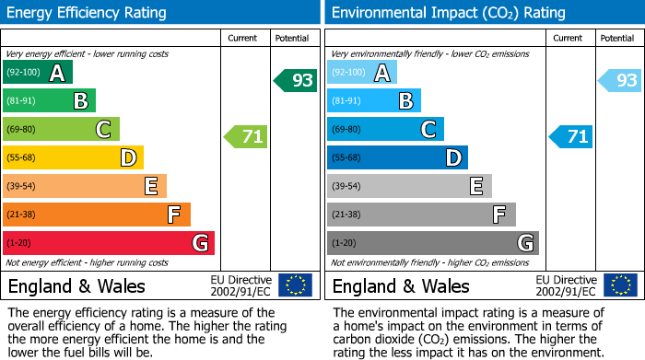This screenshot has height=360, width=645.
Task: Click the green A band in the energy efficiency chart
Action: (x=38, y=73)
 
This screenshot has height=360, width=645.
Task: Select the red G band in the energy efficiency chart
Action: (x=109, y=243)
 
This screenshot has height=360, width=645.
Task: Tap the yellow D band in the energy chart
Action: (x=74, y=157)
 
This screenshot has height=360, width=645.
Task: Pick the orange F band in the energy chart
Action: (x=97, y=215)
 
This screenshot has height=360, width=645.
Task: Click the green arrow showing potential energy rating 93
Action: (x=296, y=80)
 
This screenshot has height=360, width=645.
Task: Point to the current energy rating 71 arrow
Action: (x=246, y=137)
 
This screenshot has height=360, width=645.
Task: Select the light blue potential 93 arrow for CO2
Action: (x=620, y=80)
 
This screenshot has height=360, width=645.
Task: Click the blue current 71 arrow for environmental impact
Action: (x=570, y=137)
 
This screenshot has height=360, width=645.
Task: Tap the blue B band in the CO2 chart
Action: (x=374, y=101)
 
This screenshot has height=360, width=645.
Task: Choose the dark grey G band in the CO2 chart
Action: (x=433, y=243)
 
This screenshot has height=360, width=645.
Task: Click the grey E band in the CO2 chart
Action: (x=409, y=186)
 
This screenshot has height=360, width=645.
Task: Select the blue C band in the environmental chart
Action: (x=385, y=130)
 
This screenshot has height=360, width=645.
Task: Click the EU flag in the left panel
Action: (x=296, y=285)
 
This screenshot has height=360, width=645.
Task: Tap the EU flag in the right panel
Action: (x=620, y=285)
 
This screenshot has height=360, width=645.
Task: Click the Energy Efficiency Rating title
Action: (x=88, y=13)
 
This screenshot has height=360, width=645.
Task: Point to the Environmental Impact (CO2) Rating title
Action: (x=448, y=13)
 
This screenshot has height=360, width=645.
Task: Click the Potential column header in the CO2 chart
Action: (x=616, y=38)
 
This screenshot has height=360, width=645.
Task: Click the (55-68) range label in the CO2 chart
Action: (x=347, y=158)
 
